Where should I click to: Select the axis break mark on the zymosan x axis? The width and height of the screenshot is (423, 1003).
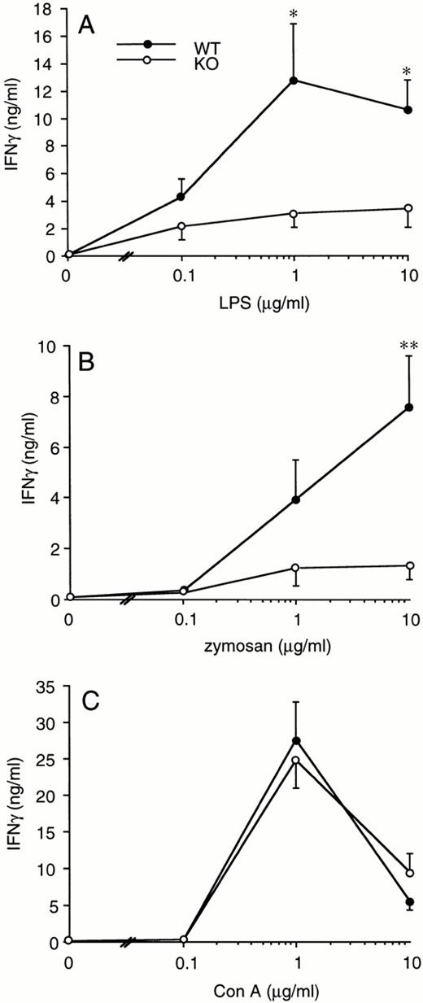[128, 599]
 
